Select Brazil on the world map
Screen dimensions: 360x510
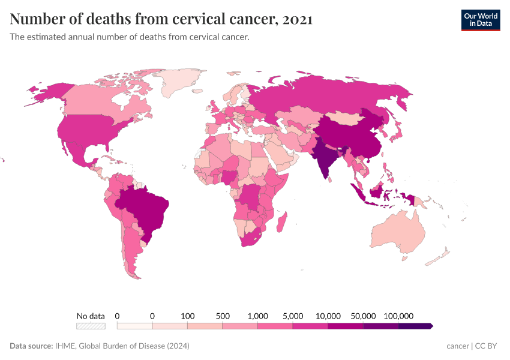click(x=147, y=207)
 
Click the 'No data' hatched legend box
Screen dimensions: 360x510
click(x=91, y=326)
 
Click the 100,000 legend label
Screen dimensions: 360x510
click(x=398, y=316)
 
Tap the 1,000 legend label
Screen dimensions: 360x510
click(x=257, y=316)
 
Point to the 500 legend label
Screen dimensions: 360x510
click(x=223, y=316)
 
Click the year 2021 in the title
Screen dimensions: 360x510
click(x=296, y=19)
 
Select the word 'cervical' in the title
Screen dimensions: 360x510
click(x=200, y=19)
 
